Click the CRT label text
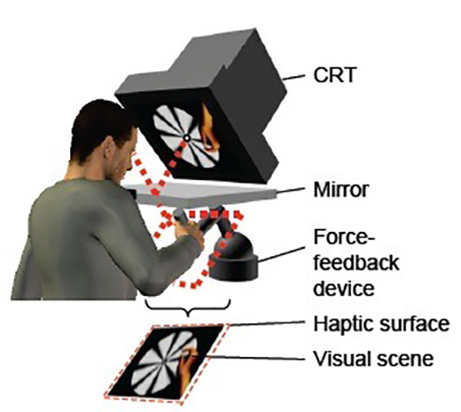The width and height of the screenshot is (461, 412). click(x=335, y=75)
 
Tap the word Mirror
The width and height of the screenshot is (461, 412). click(x=341, y=190)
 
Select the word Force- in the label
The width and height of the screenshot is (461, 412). click(x=344, y=237)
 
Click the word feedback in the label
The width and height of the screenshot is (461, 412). click(x=356, y=262)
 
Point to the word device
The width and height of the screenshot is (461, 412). click(x=344, y=288)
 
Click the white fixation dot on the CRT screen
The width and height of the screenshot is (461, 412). click(x=187, y=137)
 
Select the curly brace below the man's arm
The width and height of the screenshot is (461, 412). click(x=188, y=308)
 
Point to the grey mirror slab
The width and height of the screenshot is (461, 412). click(x=202, y=193)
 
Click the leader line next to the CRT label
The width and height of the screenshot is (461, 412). click(x=293, y=77)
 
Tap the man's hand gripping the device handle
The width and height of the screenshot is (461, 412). click(x=189, y=232)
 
